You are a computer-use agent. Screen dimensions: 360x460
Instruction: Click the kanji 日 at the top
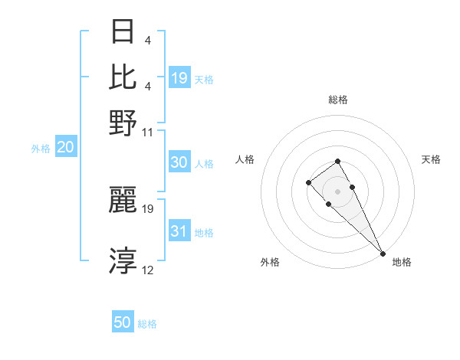[123, 34]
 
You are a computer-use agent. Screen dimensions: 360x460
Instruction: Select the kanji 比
[123, 77]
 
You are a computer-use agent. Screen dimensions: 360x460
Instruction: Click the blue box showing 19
[179, 77]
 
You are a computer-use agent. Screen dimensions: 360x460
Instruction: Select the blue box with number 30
[179, 162]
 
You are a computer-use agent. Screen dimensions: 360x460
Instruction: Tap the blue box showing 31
[179, 231]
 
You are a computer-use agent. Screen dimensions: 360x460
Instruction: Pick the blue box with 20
[65, 147]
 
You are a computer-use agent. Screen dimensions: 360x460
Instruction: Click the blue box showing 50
[123, 322]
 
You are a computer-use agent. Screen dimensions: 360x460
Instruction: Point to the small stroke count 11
[148, 133]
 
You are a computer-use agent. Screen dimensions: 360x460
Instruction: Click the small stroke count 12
[148, 270]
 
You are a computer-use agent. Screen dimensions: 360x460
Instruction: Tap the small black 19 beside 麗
[148, 208]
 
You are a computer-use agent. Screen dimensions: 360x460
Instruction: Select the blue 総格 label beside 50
[147, 324]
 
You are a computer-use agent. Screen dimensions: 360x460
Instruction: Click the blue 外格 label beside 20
[41, 149]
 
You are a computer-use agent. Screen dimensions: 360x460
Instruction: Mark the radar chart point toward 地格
[383, 254]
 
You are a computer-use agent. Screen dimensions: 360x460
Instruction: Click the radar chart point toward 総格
[337, 161]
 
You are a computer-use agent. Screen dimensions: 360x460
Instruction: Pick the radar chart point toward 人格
[308, 182]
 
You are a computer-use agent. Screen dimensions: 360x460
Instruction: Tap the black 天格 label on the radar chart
[431, 159]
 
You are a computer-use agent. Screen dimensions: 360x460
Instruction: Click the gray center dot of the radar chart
[337, 191]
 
